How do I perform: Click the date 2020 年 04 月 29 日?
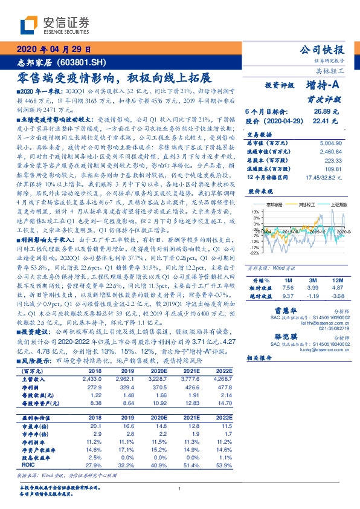point(53,51)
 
